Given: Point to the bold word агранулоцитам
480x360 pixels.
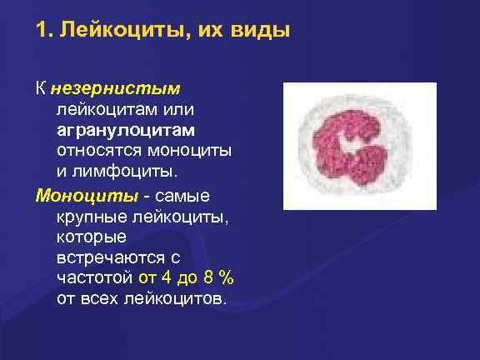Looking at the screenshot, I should point(126,130).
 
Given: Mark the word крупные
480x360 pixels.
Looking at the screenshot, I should point(90,217).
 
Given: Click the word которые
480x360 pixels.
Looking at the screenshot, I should point(87,237).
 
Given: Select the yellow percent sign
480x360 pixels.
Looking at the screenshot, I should point(229,279).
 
